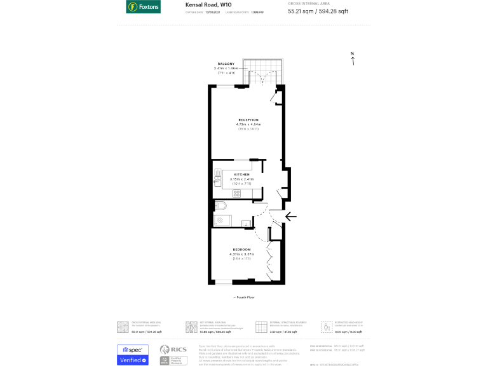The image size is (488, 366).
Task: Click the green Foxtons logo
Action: pos(143,7)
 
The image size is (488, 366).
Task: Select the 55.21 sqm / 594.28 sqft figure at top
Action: pos(318,11)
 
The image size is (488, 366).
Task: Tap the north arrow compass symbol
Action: pos(353,58)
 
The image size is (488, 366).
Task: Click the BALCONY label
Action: pos(226,64)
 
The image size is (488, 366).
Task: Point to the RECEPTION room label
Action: pos(248,119)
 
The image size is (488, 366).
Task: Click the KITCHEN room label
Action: pos(241,174)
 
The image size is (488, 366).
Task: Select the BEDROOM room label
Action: pos(241,249)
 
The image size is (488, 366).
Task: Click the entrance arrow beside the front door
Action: pos(290,217)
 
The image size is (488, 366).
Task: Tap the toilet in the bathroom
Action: pos(220,205)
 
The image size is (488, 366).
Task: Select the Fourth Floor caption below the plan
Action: pos(244,297)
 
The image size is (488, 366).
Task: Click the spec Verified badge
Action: pos(133,355)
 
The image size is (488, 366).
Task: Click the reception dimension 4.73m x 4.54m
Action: pos(248,125)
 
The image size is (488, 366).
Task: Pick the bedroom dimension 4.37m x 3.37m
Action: pos(241,254)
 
